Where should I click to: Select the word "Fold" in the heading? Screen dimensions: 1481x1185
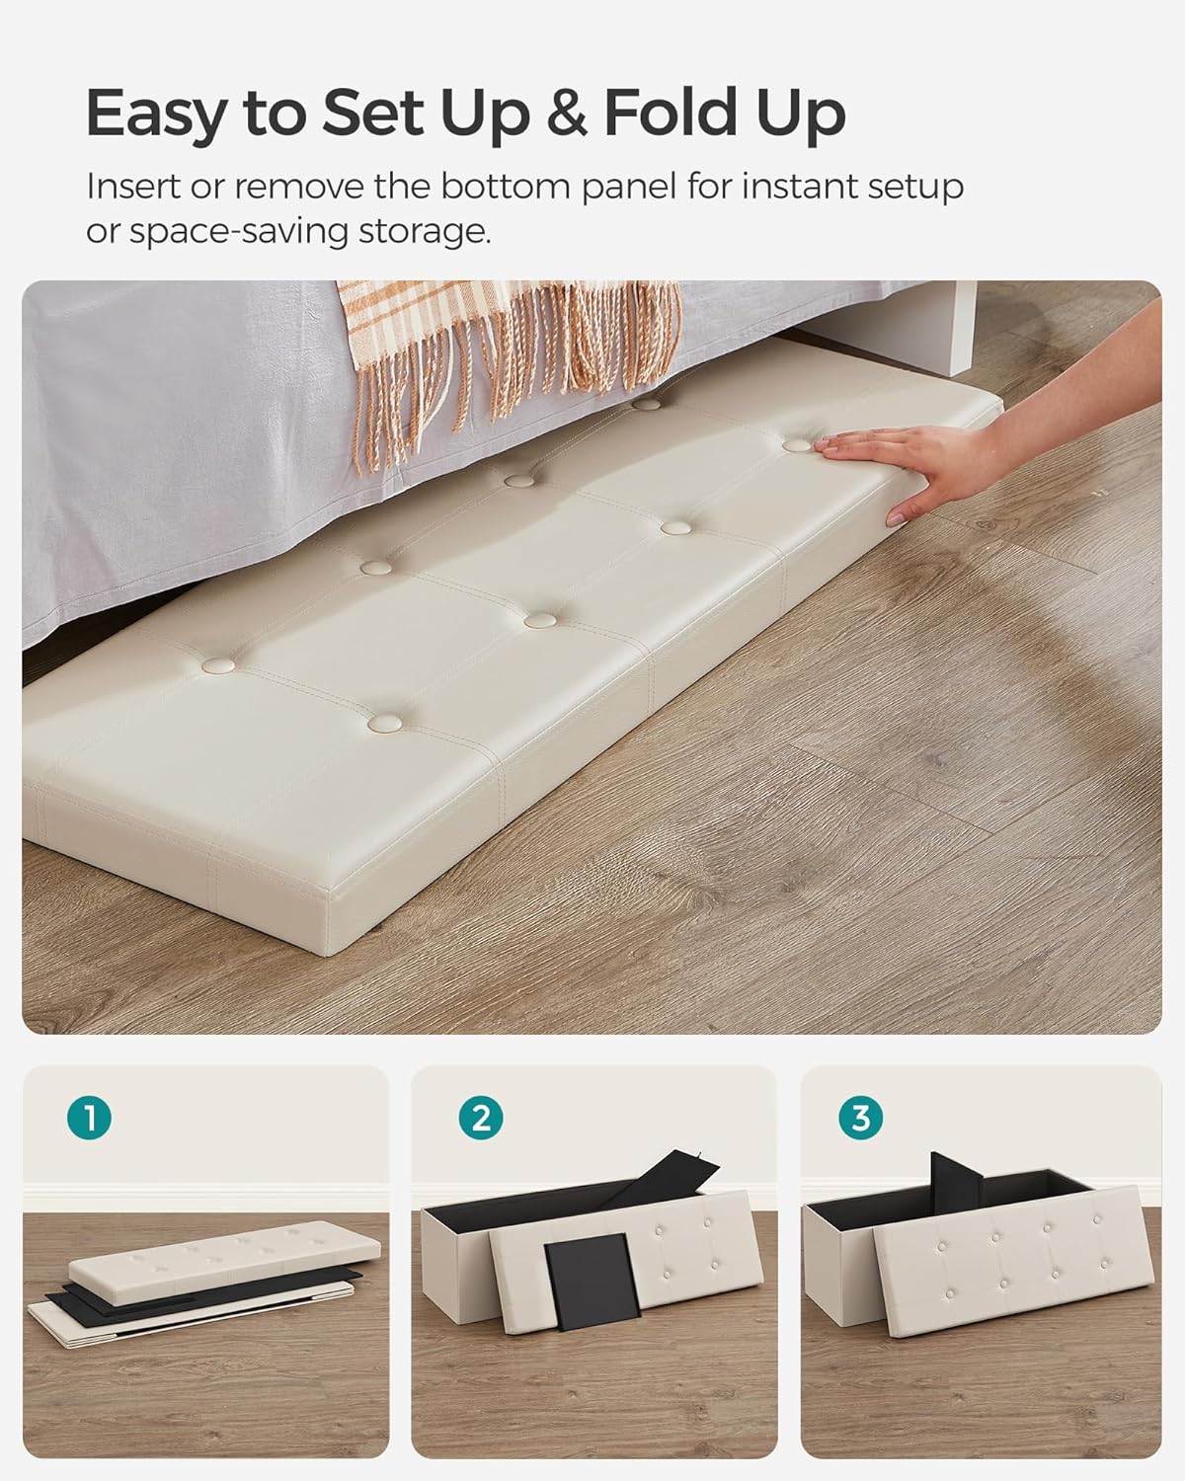pos(672,113)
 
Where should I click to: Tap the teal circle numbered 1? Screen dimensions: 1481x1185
pos(90,1118)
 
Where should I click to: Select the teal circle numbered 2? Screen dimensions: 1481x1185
pos(480,1118)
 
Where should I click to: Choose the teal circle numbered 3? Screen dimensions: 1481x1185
pos(860,1118)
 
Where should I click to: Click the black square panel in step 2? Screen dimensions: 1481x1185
pos(590,1284)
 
